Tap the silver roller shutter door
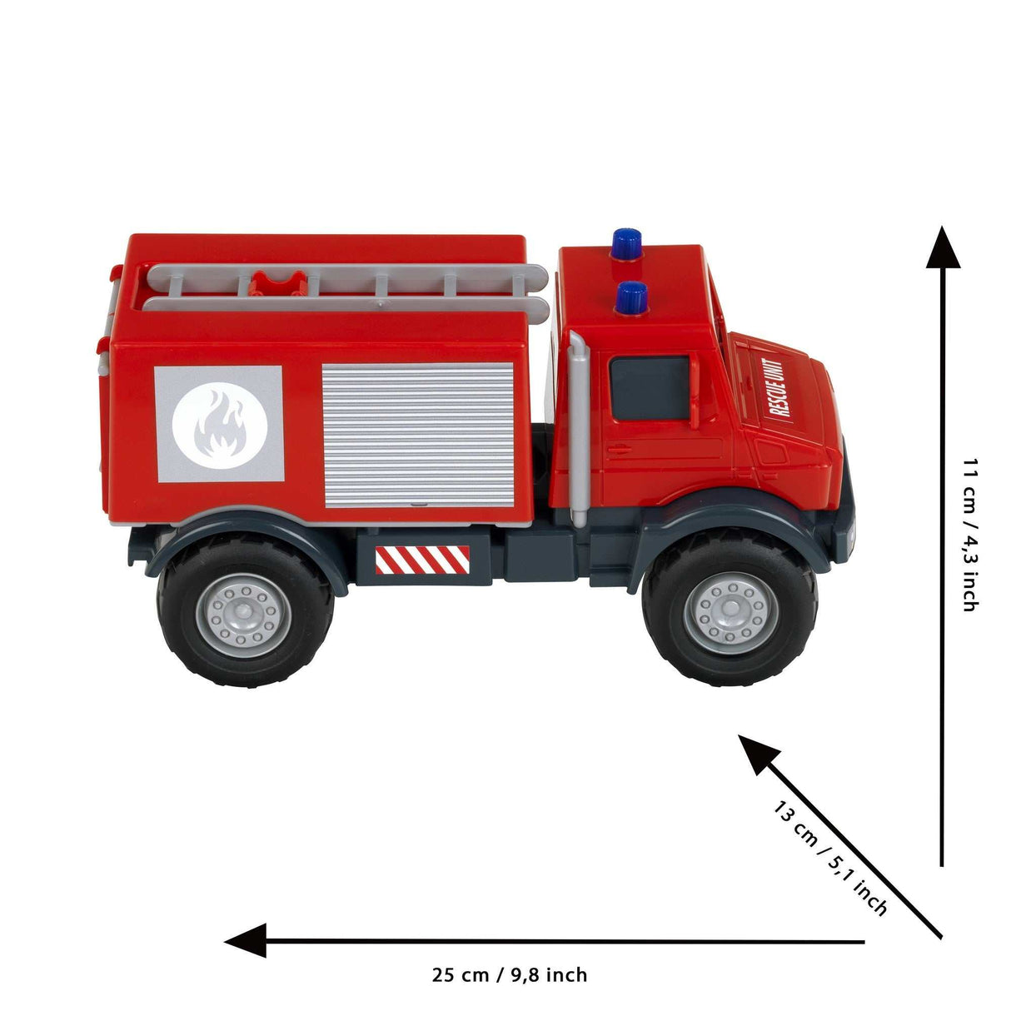[x=418, y=435]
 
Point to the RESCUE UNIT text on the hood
[x=776, y=387]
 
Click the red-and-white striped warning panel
[x=422, y=560]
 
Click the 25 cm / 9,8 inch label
[x=509, y=974]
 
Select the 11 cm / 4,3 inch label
[x=969, y=534]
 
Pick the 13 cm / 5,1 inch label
[x=829, y=858]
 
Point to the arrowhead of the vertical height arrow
[x=943, y=248]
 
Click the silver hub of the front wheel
[x=730, y=613]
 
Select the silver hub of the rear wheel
[x=245, y=615]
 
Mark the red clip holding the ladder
[x=277, y=284]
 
